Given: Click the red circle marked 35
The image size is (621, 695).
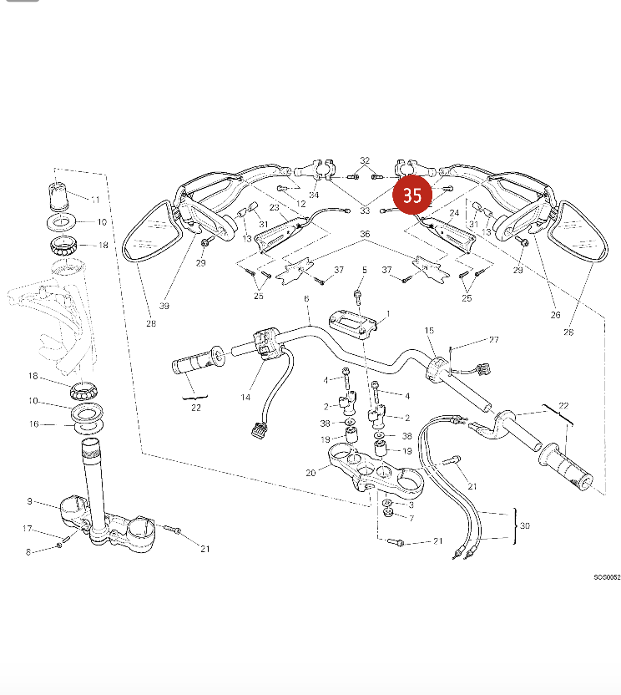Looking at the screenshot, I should (412, 195).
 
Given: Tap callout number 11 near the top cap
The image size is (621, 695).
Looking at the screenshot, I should (94, 200).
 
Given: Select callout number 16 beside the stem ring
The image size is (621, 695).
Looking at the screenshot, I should (33, 424).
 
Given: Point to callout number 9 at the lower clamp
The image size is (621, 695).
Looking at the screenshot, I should (29, 502).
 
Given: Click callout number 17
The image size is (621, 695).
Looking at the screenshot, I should (27, 529).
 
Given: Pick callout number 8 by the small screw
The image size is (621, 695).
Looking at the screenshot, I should (28, 551).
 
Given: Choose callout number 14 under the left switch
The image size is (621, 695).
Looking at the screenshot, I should (245, 398).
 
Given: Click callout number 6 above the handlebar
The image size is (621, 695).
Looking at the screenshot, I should (306, 299).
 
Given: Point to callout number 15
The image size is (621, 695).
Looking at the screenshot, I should (431, 332).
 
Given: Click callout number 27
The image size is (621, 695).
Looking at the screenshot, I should (493, 340).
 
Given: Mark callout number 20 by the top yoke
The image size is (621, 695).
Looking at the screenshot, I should (311, 473).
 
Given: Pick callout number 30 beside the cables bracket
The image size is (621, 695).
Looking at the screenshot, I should (524, 526).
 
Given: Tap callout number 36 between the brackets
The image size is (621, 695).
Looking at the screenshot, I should (364, 235).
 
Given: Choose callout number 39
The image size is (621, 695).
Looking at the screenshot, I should (164, 307).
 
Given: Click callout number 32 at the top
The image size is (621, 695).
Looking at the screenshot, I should (365, 160).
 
